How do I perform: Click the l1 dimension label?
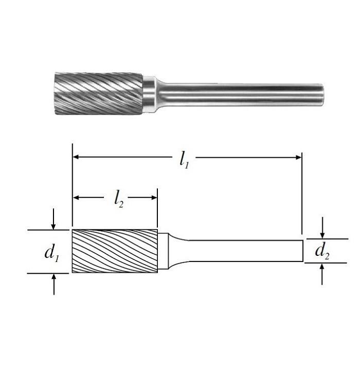[184, 160]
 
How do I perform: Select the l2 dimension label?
[119, 199]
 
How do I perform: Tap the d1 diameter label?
[51, 253]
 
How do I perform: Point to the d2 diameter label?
[322, 251]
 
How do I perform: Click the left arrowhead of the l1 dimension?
[76, 157]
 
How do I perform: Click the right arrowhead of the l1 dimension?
[298, 157]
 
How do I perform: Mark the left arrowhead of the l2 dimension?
[76, 197]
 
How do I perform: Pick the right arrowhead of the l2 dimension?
[154, 197]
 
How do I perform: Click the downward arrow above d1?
[53, 219]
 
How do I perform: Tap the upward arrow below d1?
[54, 284]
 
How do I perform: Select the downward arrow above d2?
[322, 228]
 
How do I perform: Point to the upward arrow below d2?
[322, 274]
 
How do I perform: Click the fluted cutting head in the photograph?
[99, 94]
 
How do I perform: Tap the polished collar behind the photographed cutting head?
[150, 94]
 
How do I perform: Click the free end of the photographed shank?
[321, 95]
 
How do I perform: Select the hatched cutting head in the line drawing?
[115, 251]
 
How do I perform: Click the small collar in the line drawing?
[163, 251]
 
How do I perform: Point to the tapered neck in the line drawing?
[178, 251]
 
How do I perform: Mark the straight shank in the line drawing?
[246, 251]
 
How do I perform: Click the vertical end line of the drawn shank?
[303, 251]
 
